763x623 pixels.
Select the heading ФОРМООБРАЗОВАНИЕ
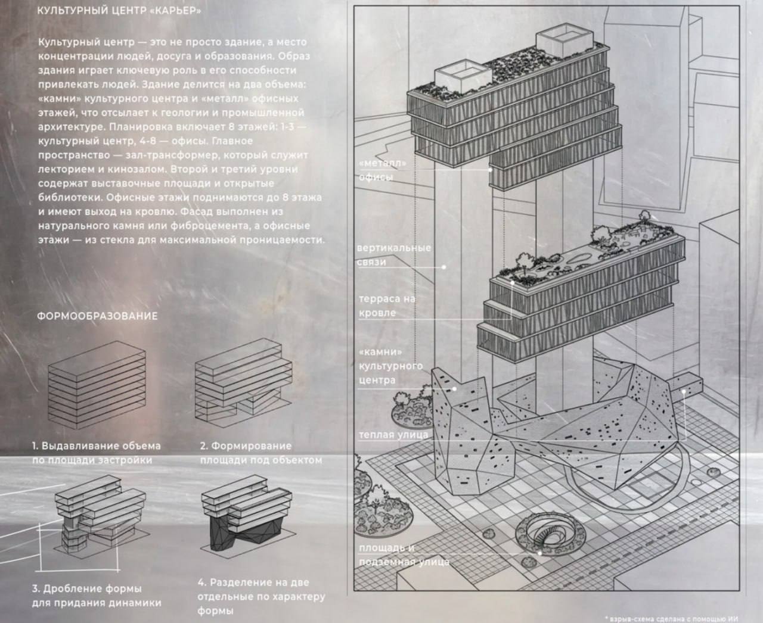pyautogui.click(x=97, y=316)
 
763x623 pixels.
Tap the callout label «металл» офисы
pyautogui.click(x=383, y=170)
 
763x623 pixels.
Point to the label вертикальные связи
pyautogui.click(x=394, y=255)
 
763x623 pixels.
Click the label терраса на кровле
pyautogui.click(x=387, y=306)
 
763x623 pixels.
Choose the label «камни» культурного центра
pyautogui.click(x=390, y=366)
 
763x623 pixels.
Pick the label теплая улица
pyautogui.click(x=393, y=435)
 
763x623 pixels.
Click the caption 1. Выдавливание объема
pyautogui.click(x=96, y=446)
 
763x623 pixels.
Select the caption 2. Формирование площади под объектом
pyautogui.click(x=261, y=453)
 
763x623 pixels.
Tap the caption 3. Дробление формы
pyautogui.click(x=87, y=588)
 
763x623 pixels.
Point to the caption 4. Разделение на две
pyautogui.click(x=253, y=582)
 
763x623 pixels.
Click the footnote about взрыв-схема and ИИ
pyautogui.click(x=672, y=619)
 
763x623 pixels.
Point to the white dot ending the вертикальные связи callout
pyautogui.click(x=443, y=267)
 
